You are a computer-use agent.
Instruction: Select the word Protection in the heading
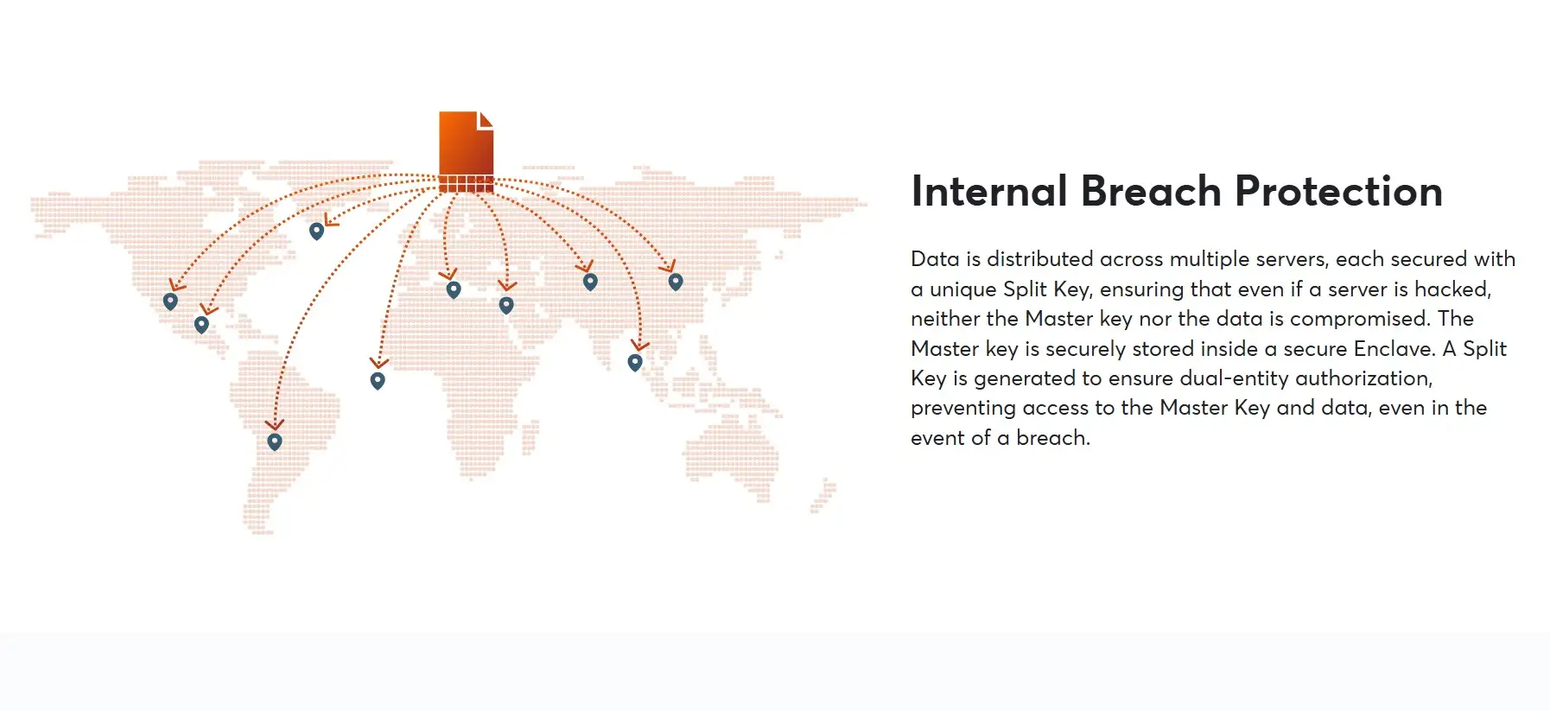point(1339,191)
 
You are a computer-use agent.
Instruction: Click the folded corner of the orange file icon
point(486,119)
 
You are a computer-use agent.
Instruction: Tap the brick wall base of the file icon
point(467,184)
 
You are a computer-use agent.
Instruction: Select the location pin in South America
point(275,442)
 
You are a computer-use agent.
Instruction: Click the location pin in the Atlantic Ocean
point(378,381)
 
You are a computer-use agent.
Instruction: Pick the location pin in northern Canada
point(317,232)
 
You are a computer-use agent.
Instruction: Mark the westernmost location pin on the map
point(170,302)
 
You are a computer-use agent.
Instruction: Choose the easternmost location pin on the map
point(676,282)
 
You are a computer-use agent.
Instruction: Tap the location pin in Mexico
point(201,325)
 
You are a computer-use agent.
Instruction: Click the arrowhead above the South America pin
point(275,424)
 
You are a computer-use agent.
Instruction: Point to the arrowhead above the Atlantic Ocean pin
point(378,363)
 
